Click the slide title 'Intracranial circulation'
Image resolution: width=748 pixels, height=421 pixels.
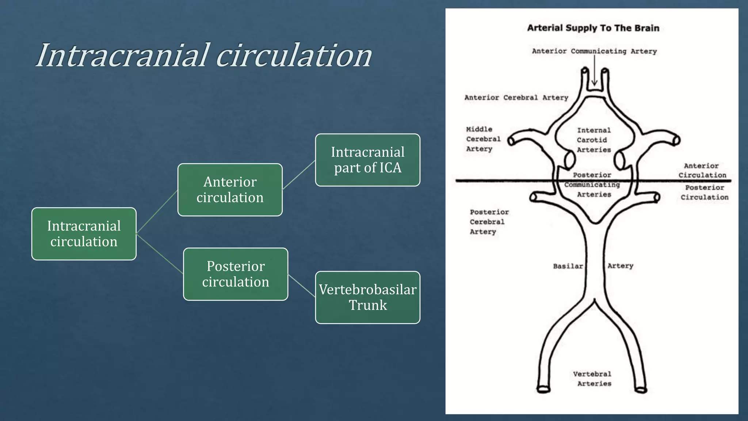pyautogui.click(x=204, y=56)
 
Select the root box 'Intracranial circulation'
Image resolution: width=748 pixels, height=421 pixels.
pyautogui.click(x=84, y=234)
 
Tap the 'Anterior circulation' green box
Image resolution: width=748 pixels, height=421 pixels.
pyautogui.click(x=230, y=190)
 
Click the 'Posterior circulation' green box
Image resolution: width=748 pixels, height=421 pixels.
pyautogui.click(x=236, y=274)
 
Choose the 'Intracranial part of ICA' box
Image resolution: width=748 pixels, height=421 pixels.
pyautogui.click(x=367, y=160)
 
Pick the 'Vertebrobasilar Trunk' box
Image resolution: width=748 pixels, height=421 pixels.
pyautogui.click(x=367, y=297)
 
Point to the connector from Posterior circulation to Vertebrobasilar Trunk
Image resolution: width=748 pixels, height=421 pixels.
pyautogui.click(x=302, y=285)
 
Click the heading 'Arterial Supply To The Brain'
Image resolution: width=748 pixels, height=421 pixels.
pyautogui.click(x=593, y=28)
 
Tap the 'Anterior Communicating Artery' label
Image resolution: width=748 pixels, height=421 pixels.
pyautogui.click(x=594, y=52)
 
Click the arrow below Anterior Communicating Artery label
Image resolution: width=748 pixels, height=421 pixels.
pyautogui.click(x=595, y=73)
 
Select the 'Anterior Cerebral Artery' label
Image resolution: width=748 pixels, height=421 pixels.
pyautogui.click(x=516, y=98)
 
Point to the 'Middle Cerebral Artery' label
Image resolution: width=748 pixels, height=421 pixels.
pyautogui.click(x=483, y=139)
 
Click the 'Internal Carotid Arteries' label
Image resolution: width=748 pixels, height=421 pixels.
pyautogui.click(x=594, y=140)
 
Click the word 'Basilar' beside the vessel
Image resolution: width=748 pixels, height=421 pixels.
pyautogui.click(x=568, y=266)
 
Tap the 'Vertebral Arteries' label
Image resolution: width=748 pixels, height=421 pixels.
pyautogui.click(x=592, y=379)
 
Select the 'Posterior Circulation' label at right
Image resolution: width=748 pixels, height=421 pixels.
pyautogui.click(x=704, y=193)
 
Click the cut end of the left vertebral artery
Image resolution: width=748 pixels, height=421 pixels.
pyautogui.click(x=543, y=390)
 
